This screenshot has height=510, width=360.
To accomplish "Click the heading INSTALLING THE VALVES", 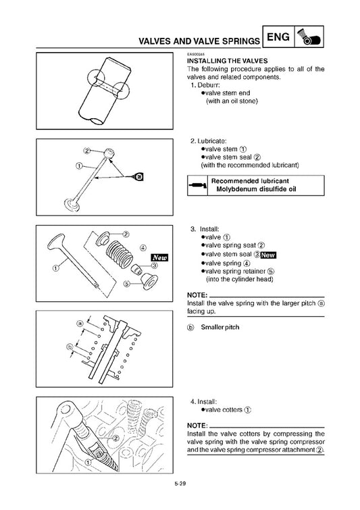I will (x=222, y=61).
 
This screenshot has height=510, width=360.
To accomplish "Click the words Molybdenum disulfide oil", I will (x=257, y=190).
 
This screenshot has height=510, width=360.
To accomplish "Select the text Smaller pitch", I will (x=220, y=327).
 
